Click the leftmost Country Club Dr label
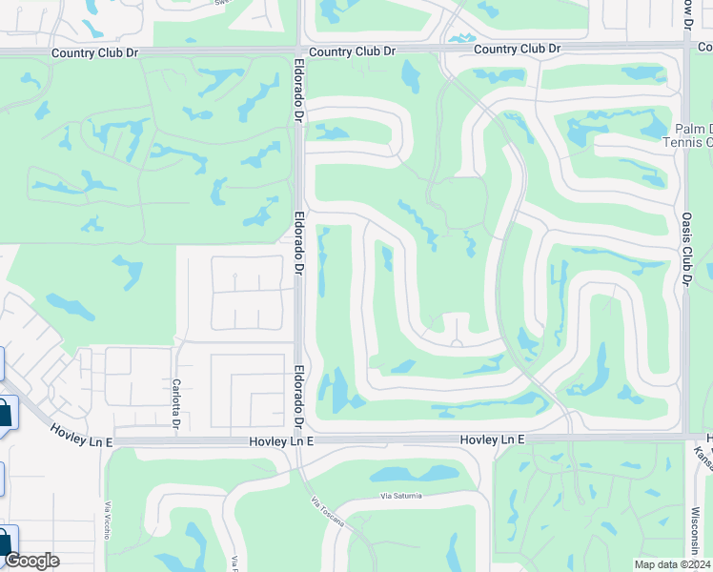click(91, 53)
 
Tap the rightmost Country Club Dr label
click(517, 49)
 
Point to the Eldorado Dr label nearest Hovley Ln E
click(298, 398)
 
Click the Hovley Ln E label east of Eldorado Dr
click(492, 439)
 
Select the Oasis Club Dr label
click(685, 247)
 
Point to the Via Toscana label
click(327, 516)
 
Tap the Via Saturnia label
click(400, 496)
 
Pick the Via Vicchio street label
click(106, 521)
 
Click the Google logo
click(31, 561)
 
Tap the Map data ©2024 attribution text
click(672, 564)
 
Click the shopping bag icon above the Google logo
click(5, 541)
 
